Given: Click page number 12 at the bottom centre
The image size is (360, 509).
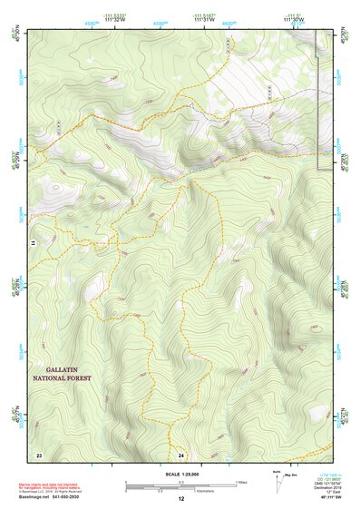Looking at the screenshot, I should [x=180, y=499].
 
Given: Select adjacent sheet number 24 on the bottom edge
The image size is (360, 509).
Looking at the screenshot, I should [x=181, y=453].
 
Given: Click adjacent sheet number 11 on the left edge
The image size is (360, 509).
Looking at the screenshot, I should [x=33, y=243].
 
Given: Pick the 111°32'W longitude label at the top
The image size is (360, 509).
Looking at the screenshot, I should [x=114, y=20].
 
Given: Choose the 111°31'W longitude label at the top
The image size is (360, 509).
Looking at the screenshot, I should [x=205, y=20].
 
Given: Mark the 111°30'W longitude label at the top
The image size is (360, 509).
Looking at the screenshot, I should [x=295, y=20].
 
